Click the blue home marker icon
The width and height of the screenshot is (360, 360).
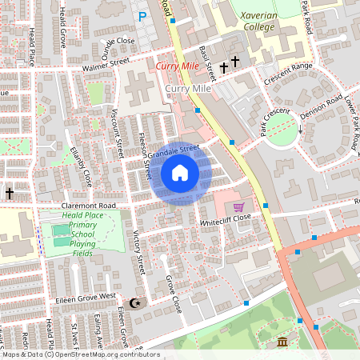(180, 173)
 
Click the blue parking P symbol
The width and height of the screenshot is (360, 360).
(142, 16)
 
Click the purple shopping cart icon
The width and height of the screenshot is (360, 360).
(238, 207)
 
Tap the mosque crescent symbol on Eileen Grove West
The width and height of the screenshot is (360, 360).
(135, 302)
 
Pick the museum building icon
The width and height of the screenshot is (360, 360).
(282, 342)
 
